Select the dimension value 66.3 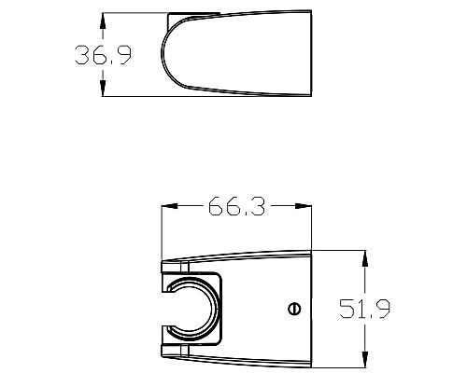click(x=236, y=207)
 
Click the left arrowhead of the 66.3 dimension click(x=168, y=207)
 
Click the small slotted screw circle click(x=294, y=309)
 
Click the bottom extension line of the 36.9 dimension click(x=131, y=95)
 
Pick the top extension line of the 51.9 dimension click(x=341, y=250)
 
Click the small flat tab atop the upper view click(x=194, y=15)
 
